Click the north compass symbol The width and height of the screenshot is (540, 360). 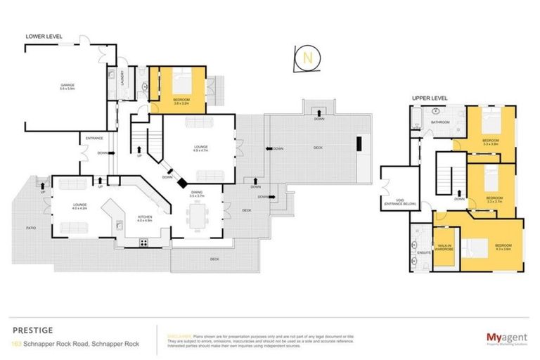(x=307, y=59)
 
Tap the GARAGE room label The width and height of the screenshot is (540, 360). (x=67, y=85)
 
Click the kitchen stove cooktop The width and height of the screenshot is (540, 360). (x=145, y=243)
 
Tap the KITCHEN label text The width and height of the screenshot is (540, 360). (x=146, y=217)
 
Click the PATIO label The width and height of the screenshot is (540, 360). (x=32, y=228)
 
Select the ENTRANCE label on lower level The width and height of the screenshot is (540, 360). (x=94, y=139)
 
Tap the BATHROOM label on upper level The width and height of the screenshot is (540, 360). (x=441, y=122)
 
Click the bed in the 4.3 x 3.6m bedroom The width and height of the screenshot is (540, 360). (x=482, y=247)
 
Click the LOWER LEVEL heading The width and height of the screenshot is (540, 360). (x=44, y=36)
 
